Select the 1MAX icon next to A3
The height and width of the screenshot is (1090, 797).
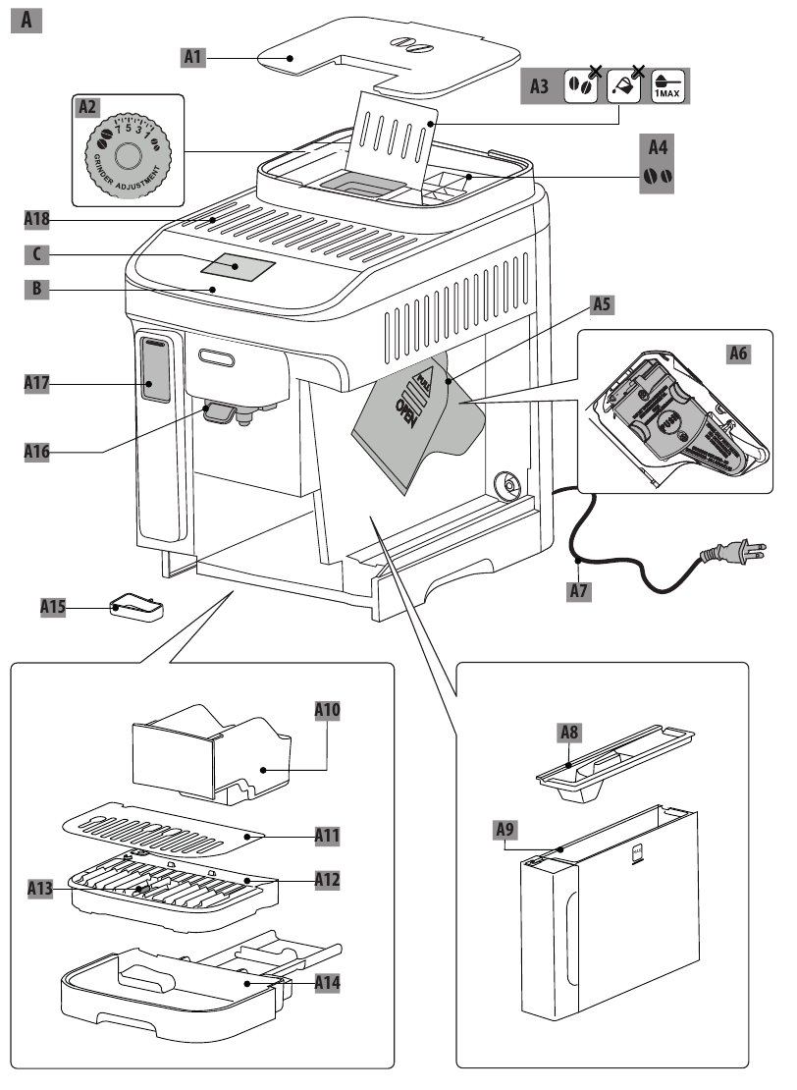coord(672,86)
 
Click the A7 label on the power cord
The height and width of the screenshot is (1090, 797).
coord(582,592)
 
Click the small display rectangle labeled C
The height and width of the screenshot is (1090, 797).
coord(239,265)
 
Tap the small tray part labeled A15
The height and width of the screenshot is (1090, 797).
coord(137,609)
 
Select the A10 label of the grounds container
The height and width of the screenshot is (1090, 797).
coord(327,709)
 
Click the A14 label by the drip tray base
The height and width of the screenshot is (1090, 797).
coord(328,981)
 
